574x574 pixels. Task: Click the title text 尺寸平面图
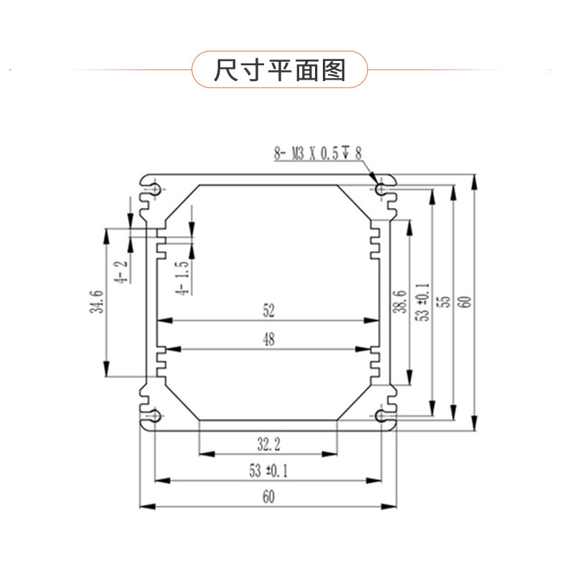280,70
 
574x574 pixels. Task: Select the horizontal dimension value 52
268,311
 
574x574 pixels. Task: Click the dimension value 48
268,340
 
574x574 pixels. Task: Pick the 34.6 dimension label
99,301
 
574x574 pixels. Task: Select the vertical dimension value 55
445,301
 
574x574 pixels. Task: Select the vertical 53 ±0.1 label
423,301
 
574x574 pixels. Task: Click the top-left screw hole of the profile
155,189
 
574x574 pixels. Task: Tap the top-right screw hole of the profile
381,189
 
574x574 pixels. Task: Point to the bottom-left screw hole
155,416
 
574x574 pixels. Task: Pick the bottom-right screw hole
381,416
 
